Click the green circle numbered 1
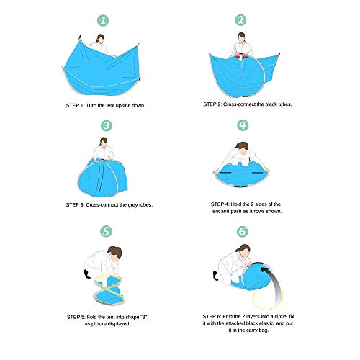103,21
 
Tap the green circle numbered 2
240,20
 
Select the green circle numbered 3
107,125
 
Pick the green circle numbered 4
243,125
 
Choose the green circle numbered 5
106,231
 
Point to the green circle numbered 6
243,231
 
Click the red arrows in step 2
241,57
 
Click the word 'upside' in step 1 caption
123,106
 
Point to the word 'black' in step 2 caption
270,104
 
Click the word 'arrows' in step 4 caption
258,212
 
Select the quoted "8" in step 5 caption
143,317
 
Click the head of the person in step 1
101,39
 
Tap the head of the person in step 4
243,148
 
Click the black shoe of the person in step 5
86,274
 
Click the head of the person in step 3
104,143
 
